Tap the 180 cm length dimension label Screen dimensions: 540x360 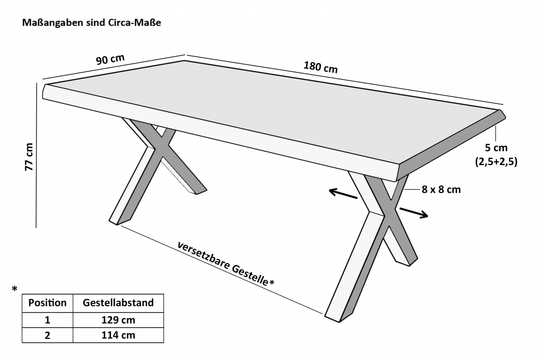pyautogui.click(x=320, y=67)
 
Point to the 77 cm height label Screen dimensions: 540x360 pyautogui.click(x=29, y=157)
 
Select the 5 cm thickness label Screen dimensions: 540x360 pyautogui.click(x=496, y=148)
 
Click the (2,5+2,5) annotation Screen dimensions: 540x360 pyautogui.click(x=496, y=161)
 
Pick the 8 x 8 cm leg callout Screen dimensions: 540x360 pyautogui.click(x=441, y=189)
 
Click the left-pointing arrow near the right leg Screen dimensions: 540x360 pyautogui.click(x=343, y=194)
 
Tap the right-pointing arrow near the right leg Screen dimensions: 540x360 pyautogui.click(x=413, y=213)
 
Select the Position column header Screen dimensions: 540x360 pyautogui.click(x=47, y=303)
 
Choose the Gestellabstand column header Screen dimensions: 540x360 pyautogui.click(x=118, y=303)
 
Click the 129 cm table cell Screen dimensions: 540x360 pyautogui.click(x=118, y=320)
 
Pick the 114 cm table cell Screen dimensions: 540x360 pyautogui.click(x=118, y=335)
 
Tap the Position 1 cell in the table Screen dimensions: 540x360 pyautogui.click(x=47, y=320)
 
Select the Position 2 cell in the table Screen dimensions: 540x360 pyautogui.click(x=47, y=335)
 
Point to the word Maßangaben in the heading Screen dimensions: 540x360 pyautogui.click(x=51, y=24)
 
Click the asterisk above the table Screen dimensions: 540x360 pyautogui.click(x=14, y=289)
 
